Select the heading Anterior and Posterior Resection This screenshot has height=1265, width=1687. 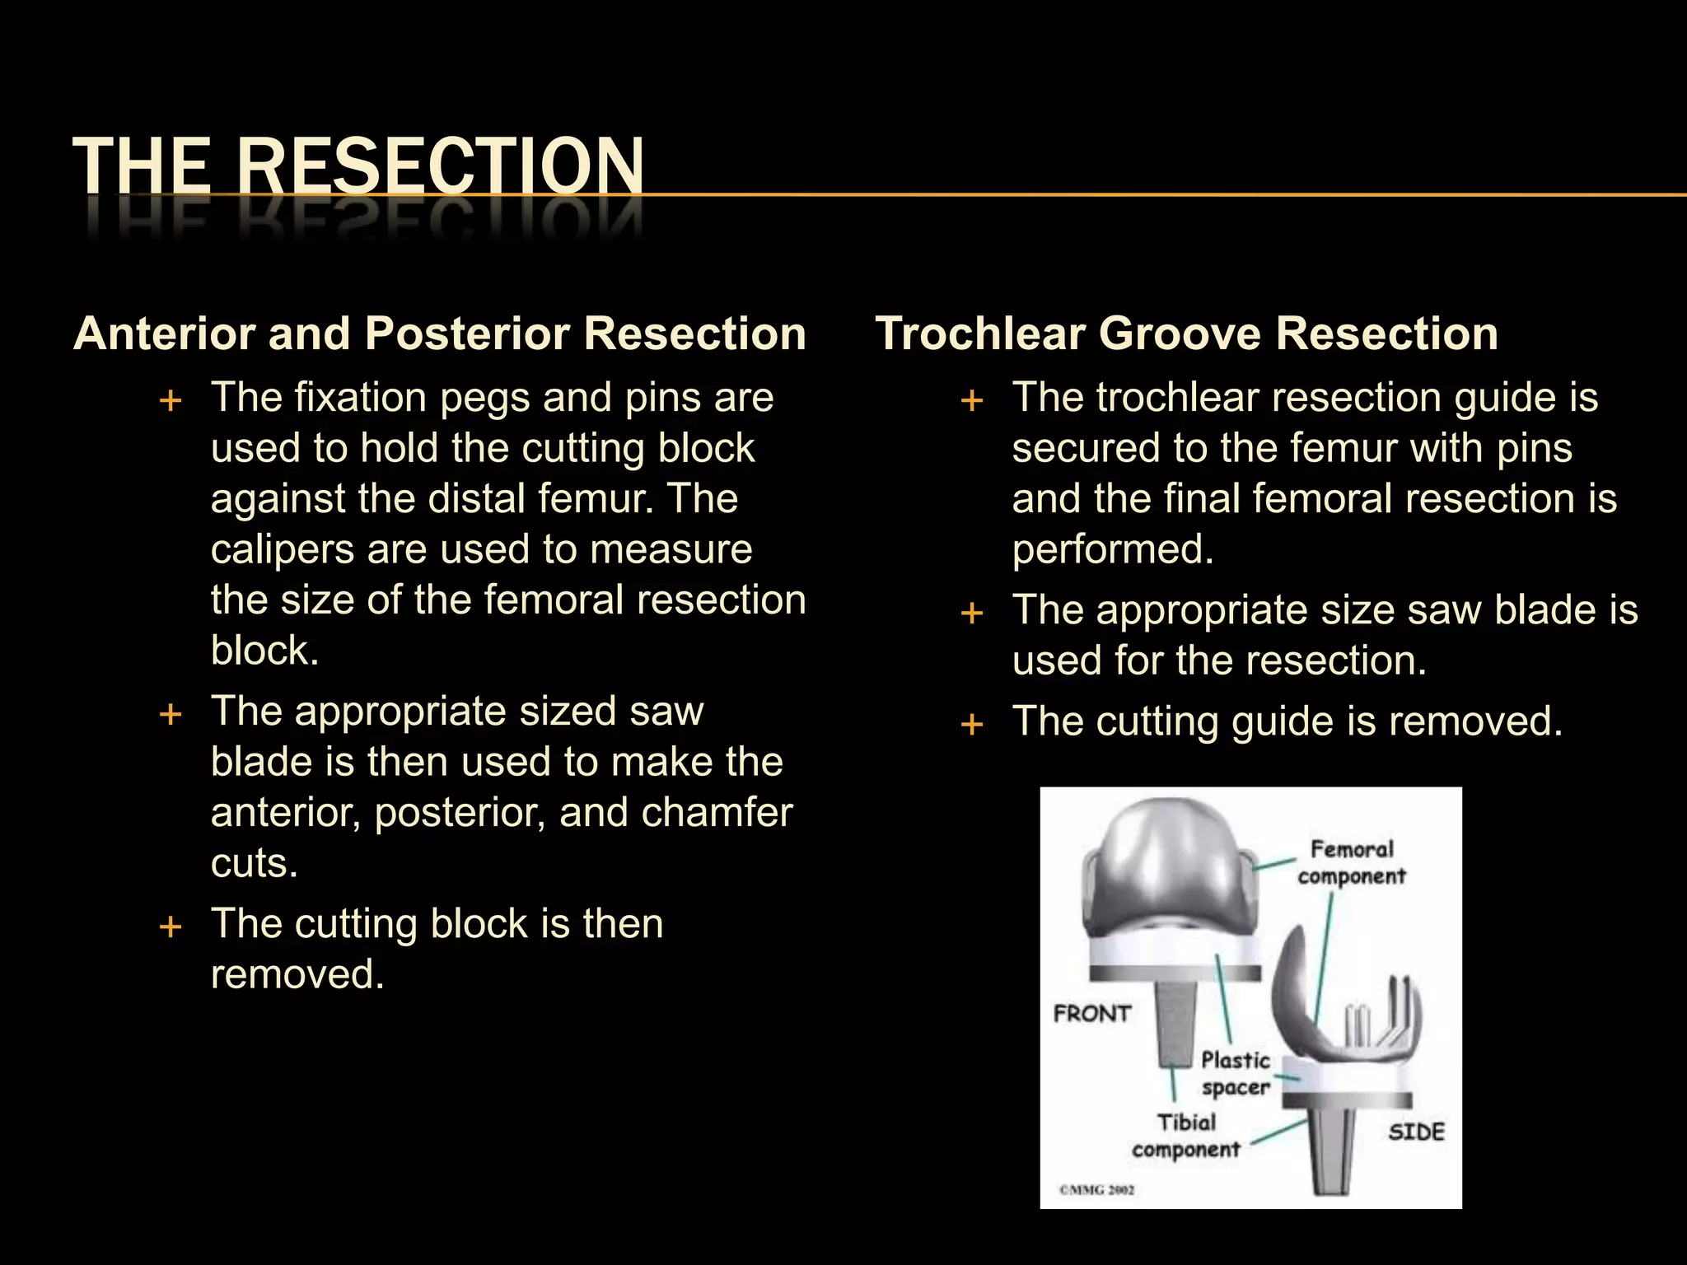[x=439, y=334]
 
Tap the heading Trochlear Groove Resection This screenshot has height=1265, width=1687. [x=1186, y=334]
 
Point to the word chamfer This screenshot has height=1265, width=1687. [x=717, y=813]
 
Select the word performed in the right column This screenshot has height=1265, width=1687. [x=1112, y=549]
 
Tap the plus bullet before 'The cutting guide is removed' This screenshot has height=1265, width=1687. [x=973, y=725]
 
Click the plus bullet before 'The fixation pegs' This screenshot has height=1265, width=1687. [x=171, y=401]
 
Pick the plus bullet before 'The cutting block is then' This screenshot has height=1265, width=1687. [x=171, y=927]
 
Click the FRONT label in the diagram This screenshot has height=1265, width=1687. [x=1092, y=1013]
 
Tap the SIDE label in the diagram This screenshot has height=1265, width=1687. [x=1416, y=1132]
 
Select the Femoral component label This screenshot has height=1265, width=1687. [x=1352, y=862]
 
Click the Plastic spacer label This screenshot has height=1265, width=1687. [x=1236, y=1073]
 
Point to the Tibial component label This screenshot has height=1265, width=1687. [x=1186, y=1136]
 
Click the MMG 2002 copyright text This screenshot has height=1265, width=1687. [x=1096, y=1189]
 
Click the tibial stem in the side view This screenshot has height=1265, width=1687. [x=1330, y=1153]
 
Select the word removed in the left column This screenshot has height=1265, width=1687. [x=297, y=975]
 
